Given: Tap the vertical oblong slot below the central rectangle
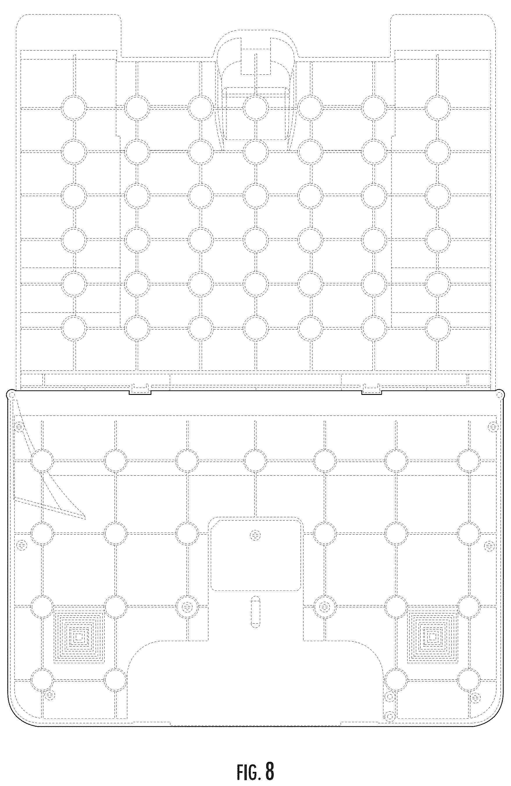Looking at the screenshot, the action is (x=255, y=614).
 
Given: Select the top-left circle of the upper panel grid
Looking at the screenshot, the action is (x=74, y=108).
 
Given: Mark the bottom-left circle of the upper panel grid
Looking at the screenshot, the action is (x=74, y=328).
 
